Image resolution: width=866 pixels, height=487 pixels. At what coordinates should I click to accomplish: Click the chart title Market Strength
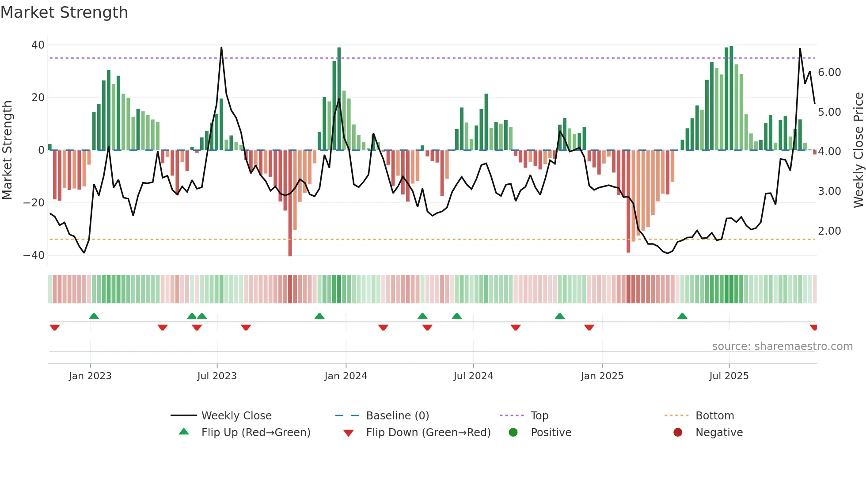coord(64,12)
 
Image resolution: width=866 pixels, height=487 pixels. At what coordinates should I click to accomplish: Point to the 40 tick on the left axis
coord(38,45)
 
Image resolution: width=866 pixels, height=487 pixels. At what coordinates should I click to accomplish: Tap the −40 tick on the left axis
coord(34,255)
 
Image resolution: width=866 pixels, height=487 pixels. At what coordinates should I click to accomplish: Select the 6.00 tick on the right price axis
coord(829,72)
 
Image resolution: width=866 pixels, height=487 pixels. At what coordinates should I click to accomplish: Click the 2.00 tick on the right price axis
coord(829,231)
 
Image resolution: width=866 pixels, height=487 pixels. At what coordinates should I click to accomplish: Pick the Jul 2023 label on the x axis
coord(217,376)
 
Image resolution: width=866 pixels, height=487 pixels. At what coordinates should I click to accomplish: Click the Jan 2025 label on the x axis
coord(602,376)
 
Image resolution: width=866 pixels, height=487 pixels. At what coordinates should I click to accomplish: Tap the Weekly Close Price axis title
coord(858,150)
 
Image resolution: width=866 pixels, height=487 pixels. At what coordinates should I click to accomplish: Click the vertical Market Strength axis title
coord(8,150)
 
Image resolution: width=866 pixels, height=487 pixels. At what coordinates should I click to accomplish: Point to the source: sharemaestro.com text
coord(782,346)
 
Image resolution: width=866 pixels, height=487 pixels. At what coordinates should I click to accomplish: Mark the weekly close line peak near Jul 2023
coord(221,48)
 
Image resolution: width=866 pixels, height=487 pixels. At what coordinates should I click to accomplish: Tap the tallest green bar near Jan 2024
coord(339,97)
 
